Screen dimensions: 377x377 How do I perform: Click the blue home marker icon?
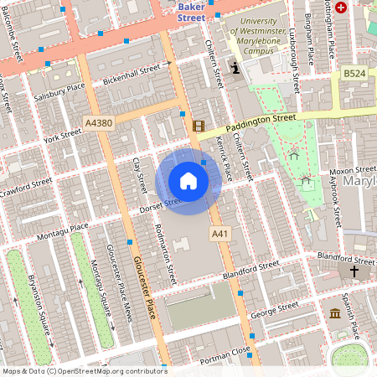188,181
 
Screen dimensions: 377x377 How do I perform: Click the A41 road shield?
219,232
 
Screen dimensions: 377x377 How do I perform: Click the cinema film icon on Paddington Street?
198,127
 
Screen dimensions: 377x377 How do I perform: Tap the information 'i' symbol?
235,67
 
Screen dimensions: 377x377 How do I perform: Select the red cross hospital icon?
340,8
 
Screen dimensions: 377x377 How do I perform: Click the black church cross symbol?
354,271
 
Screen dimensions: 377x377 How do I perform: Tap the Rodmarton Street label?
166,244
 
